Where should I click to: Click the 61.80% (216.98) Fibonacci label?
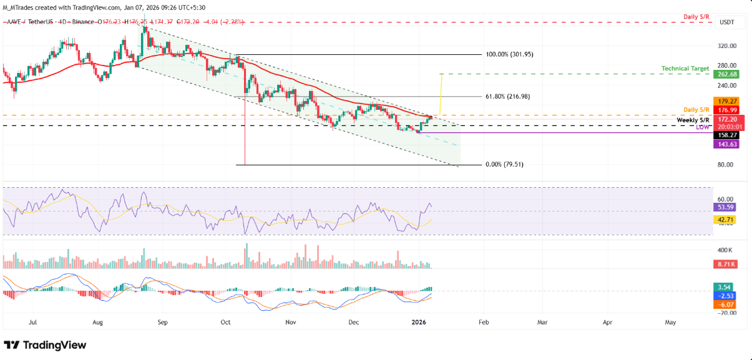(x=509, y=97)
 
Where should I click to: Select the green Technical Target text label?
(x=685, y=68)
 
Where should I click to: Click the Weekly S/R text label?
(x=693, y=119)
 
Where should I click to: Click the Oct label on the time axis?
(x=226, y=323)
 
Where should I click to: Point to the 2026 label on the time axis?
(x=419, y=323)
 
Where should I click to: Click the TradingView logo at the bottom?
(x=45, y=345)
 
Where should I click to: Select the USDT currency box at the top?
(x=727, y=22)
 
